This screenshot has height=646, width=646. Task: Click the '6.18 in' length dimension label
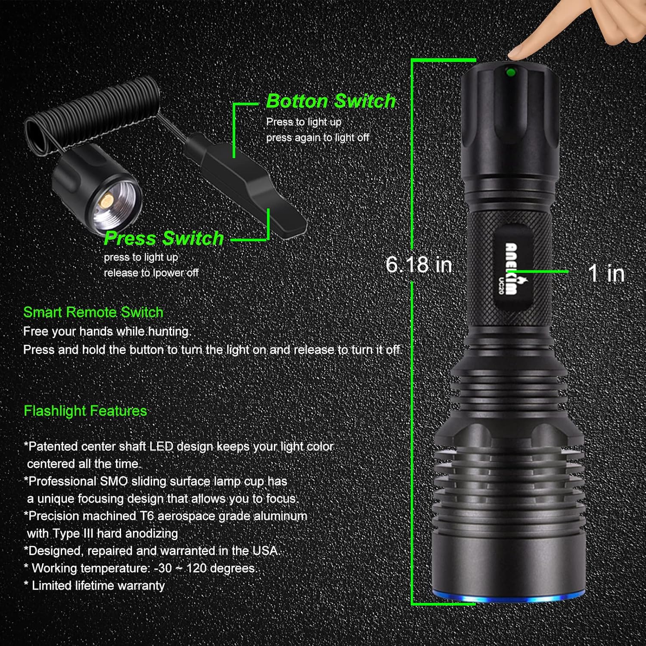coord(419,264)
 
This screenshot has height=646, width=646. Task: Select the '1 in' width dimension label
coord(606,273)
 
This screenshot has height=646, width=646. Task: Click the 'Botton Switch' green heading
coord(330,101)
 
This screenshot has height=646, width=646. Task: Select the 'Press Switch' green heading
coord(164,238)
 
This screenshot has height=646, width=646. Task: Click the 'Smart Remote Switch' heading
coord(93,312)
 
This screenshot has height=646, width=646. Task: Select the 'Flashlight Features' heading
coord(85,411)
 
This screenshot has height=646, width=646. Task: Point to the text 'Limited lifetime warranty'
coord(98,586)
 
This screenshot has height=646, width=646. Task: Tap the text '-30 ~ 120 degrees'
coord(205,568)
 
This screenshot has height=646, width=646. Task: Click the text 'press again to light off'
coord(317,138)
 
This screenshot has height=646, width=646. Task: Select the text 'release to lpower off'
coord(151,273)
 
